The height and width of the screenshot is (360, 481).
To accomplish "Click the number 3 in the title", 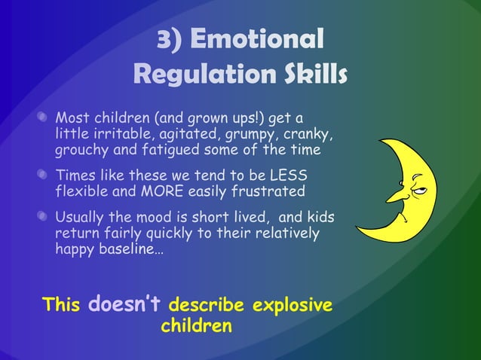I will pyautogui.click(x=164, y=40).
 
